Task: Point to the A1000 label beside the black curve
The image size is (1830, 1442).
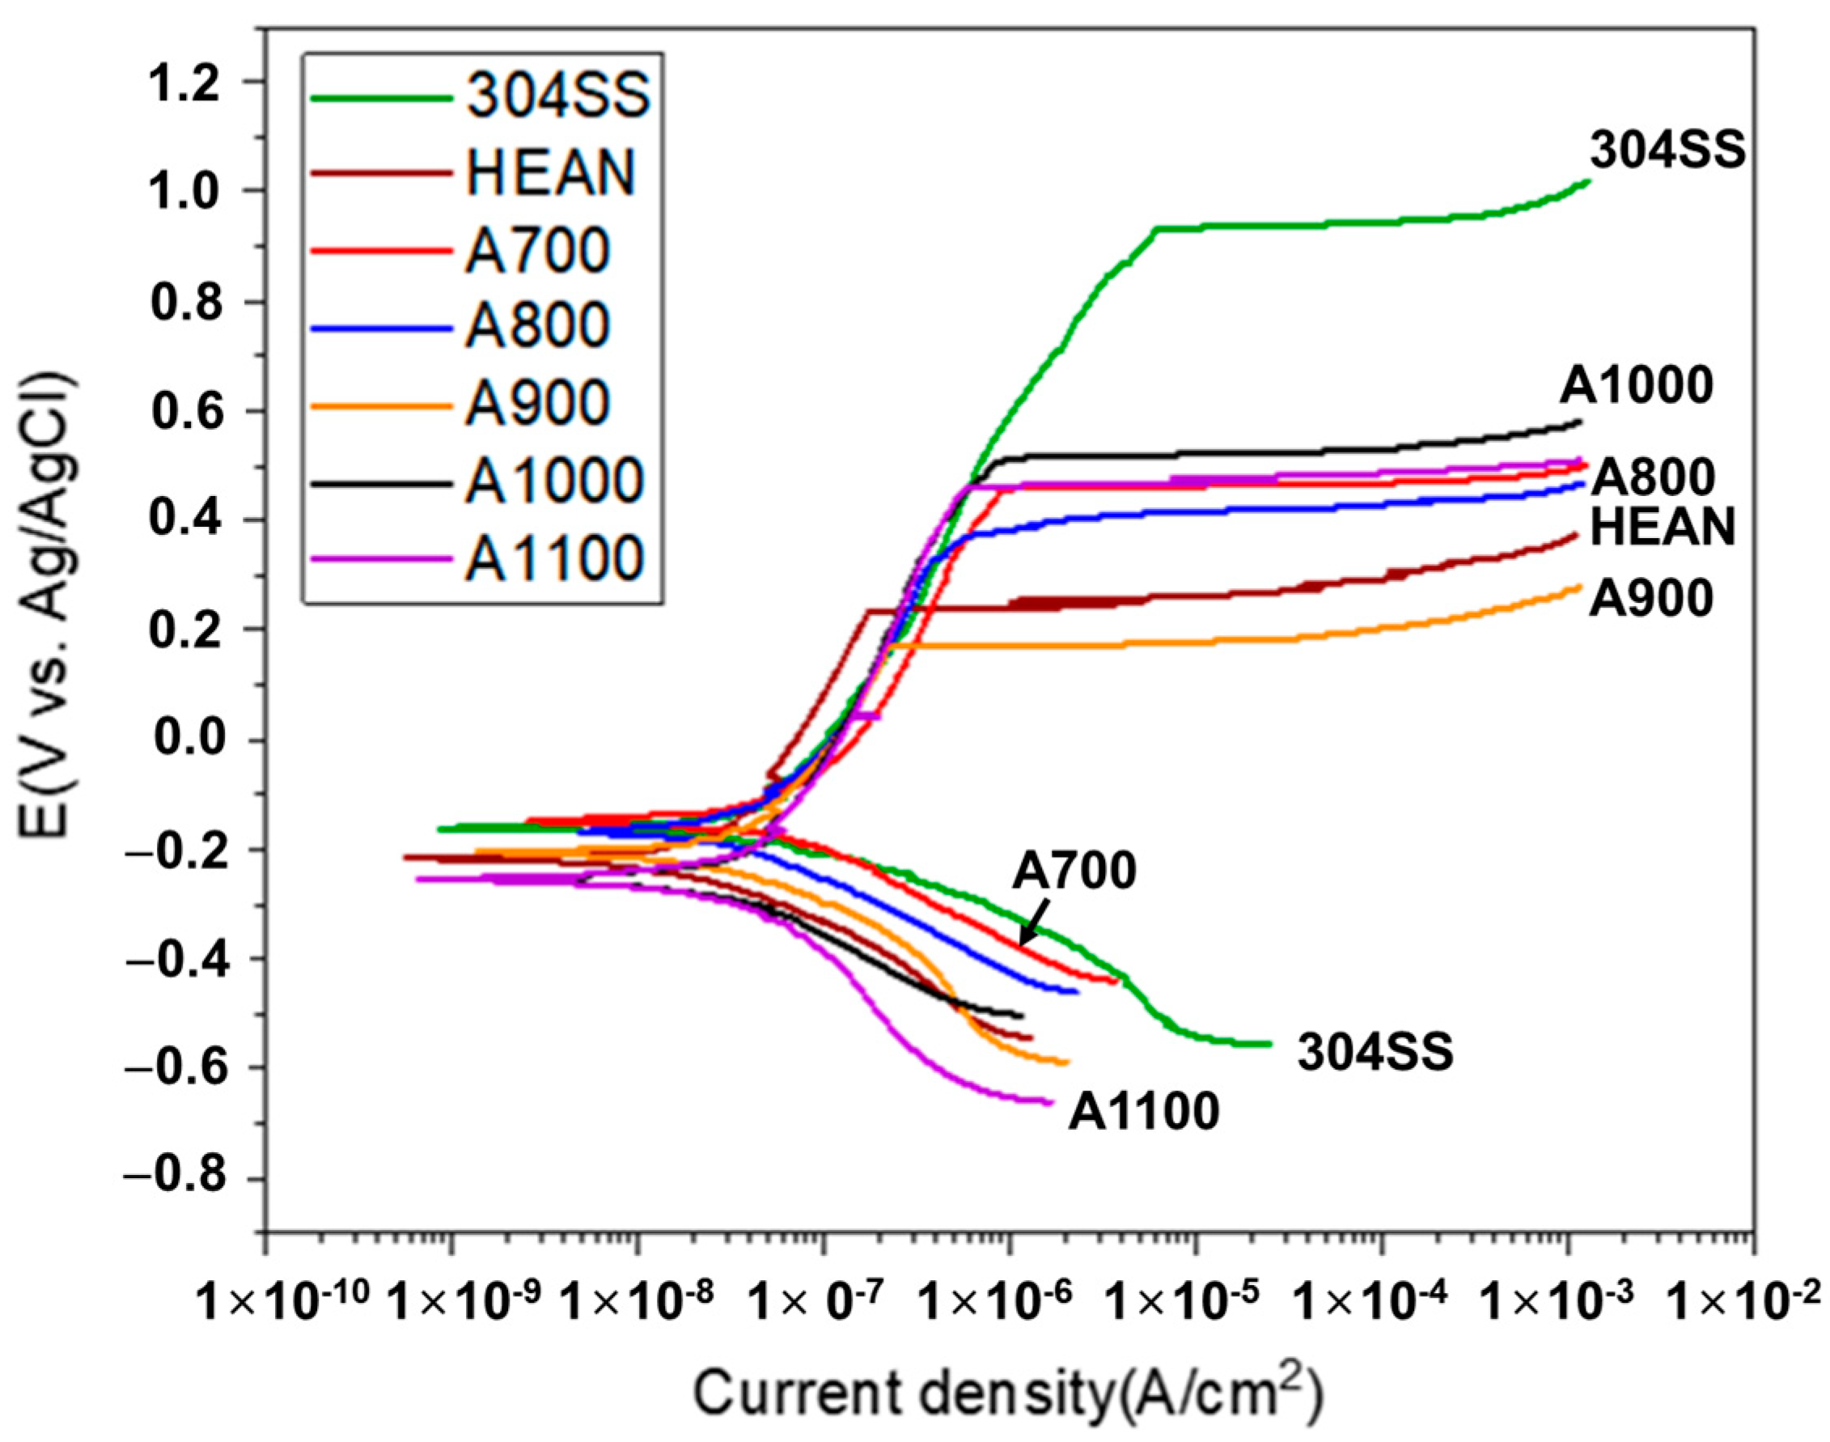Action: coord(1636,387)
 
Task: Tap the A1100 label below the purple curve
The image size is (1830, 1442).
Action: coord(1144,1111)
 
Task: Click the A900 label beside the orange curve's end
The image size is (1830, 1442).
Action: coord(1651,600)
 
